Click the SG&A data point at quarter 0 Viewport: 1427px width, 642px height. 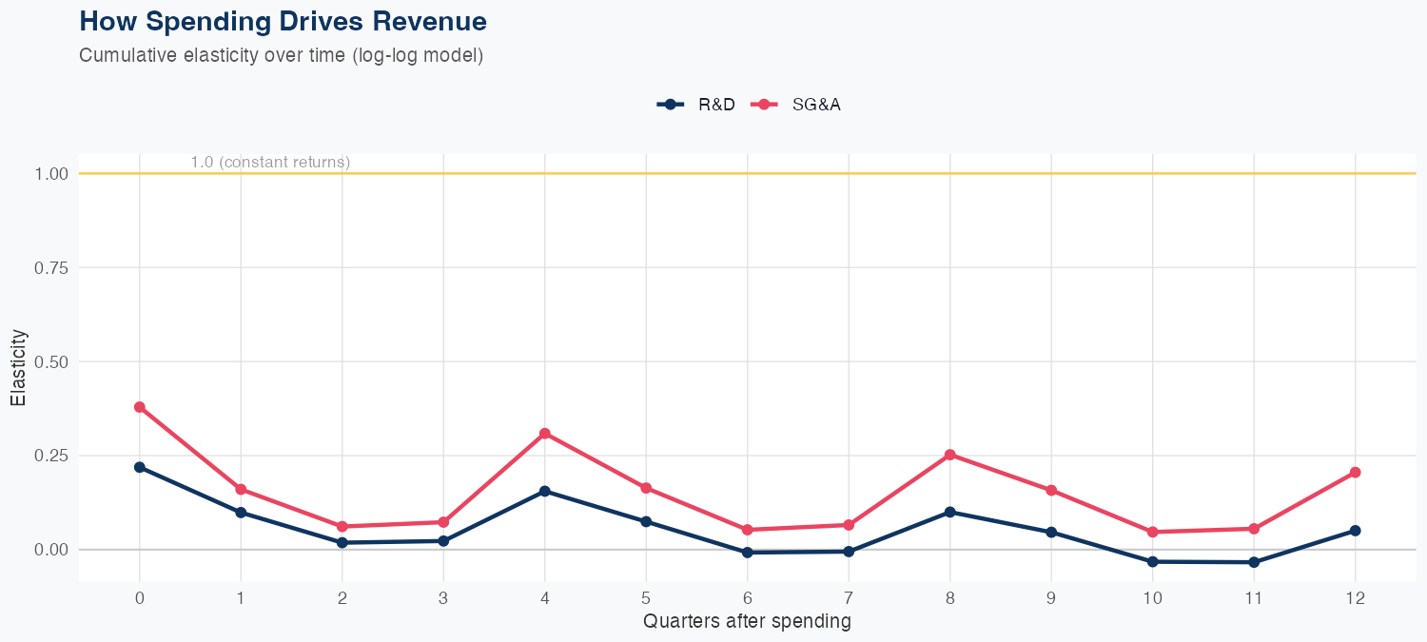140,407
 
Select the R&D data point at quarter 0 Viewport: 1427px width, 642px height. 140,467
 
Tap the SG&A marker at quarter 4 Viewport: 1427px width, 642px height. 545,434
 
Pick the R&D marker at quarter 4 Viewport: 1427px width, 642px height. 545,491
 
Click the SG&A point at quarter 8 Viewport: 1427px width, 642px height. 949,455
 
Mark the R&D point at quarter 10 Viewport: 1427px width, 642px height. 1152,561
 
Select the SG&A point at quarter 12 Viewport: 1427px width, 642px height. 1355,472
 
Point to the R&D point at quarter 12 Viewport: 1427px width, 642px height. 1355,531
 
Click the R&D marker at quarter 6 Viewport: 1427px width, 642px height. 748,552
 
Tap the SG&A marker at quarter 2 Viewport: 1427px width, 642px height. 342,526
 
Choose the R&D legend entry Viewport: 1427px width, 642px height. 696,105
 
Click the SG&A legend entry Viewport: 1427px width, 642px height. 796,105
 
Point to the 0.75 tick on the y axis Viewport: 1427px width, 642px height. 53,268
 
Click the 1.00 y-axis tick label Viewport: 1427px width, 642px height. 53,174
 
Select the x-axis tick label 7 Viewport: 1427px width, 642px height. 849,598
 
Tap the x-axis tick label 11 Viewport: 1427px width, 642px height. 1254,598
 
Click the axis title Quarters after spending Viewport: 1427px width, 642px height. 747,622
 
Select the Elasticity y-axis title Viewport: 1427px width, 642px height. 18,367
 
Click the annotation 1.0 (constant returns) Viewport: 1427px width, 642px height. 270,163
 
